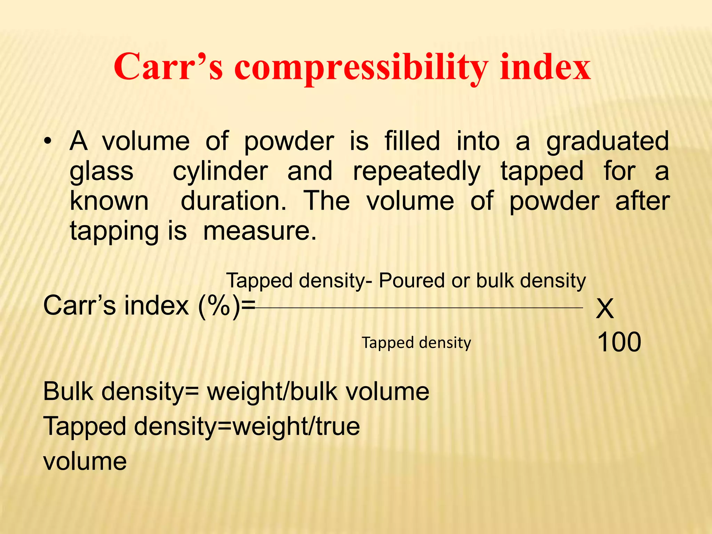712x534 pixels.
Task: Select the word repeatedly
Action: (x=417, y=172)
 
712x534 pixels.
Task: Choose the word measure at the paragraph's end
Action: (x=259, y=231)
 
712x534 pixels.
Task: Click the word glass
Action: (x=102, y=172)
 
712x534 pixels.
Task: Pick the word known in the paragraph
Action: (x=109, y=201)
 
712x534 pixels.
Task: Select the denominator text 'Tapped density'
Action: (x=416, y=343)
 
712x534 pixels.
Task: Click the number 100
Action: (x=619, y=342)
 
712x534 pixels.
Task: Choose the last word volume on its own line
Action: (x=85, y=461)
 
